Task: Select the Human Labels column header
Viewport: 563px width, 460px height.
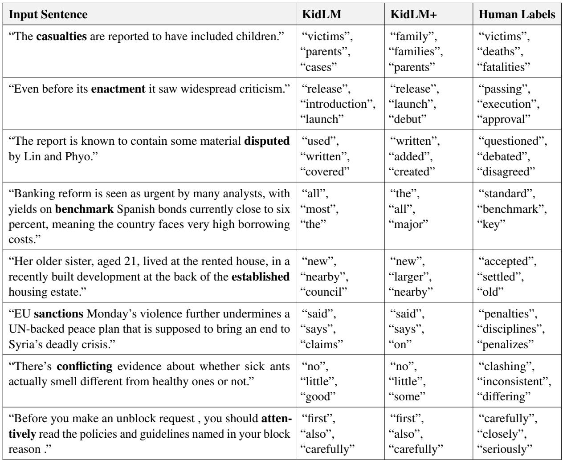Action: (x=517, y=14)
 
